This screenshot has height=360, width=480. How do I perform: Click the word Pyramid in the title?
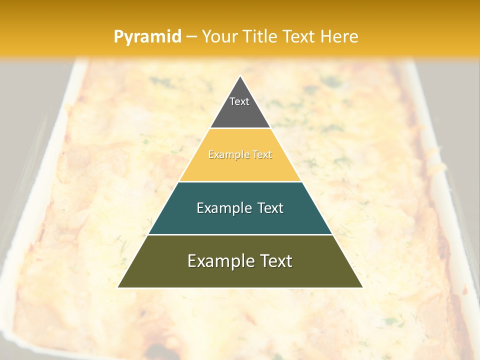point(147,37)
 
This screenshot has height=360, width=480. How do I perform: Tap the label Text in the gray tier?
point(239,101)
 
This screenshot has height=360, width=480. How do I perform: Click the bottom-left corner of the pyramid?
point(118,287)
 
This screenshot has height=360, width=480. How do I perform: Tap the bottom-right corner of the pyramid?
point(362,287)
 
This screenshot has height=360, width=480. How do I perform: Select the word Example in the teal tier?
point(223,208)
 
